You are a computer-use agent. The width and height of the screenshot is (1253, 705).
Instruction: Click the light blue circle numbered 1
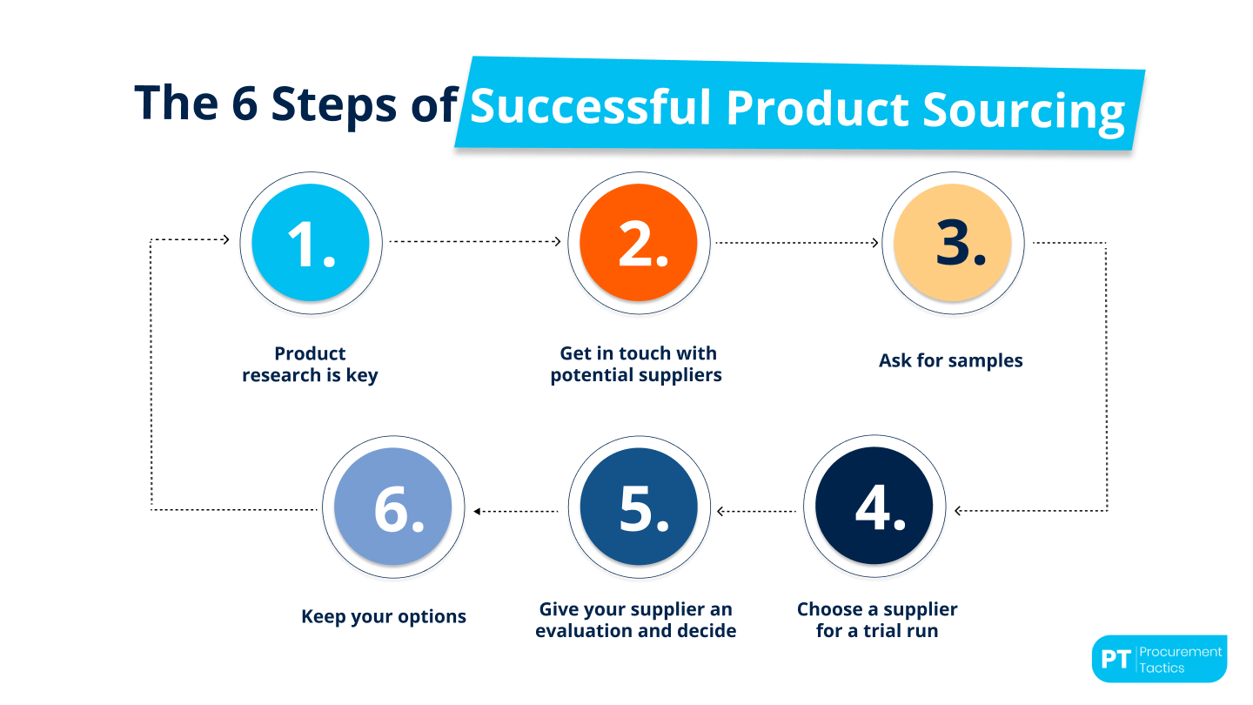click(x=310, y=243)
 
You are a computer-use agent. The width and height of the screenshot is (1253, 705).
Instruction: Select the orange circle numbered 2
click(x=639, y=243)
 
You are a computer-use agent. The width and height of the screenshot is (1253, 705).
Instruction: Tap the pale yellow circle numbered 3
click(x=953, y=243)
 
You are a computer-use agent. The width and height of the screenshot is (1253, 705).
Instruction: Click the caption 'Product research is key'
click(x=310, y=365)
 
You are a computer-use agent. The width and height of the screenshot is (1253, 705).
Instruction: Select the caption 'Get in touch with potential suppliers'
click(x=637, y=365)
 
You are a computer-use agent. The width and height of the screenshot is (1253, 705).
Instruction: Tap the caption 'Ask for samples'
click(x=950, y=360)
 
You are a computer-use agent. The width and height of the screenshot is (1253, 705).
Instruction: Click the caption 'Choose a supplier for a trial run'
click(x=877, y=620)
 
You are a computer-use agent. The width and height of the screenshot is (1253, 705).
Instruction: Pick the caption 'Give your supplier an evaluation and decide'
click(x=636, y=620)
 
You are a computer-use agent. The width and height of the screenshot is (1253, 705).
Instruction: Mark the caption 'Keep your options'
click(x=384, y=616)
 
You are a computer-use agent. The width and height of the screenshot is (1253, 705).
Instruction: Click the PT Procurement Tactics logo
click(x=1158, y=659)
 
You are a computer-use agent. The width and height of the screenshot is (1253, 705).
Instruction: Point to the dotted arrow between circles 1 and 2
click(x=475, y=242)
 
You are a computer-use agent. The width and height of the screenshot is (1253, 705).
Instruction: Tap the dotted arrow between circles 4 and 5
click(x=755, y=511)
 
